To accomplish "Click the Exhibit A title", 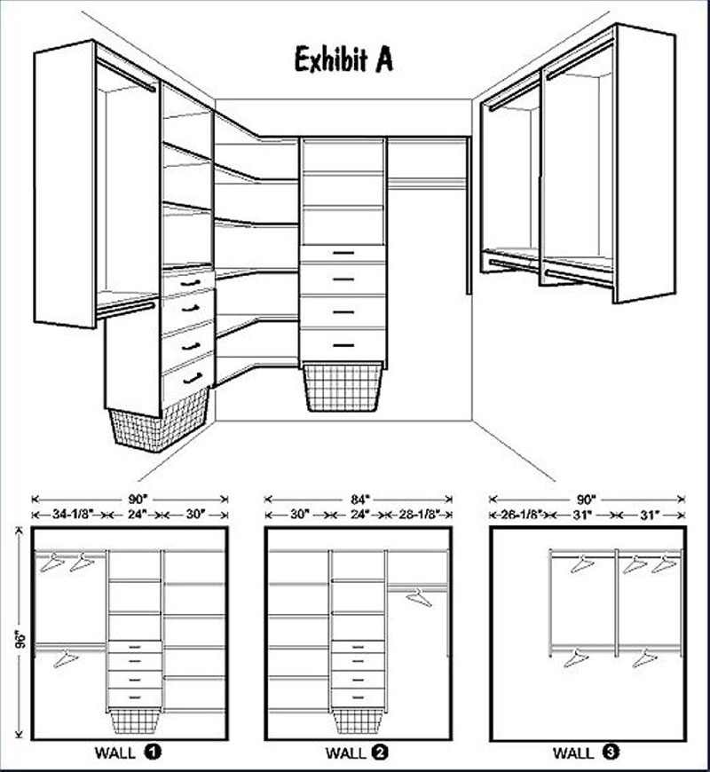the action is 343,59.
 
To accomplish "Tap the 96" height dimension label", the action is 20,639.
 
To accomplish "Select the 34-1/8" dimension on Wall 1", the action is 70,515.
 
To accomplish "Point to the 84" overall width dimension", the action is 359,500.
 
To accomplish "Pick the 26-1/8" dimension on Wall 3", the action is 523,515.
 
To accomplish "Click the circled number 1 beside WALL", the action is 153,752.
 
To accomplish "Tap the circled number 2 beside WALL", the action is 380,752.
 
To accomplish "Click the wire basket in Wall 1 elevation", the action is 134,721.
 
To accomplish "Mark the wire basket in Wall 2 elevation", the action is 358,721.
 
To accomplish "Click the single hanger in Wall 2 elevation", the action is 419,598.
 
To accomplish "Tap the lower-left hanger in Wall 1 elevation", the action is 66,658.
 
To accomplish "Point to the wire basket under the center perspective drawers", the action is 343,387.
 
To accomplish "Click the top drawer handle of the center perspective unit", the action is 343,253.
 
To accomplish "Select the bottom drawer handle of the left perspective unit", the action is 192,379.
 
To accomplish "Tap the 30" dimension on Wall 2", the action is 300,515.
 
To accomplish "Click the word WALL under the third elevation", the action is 573,752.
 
